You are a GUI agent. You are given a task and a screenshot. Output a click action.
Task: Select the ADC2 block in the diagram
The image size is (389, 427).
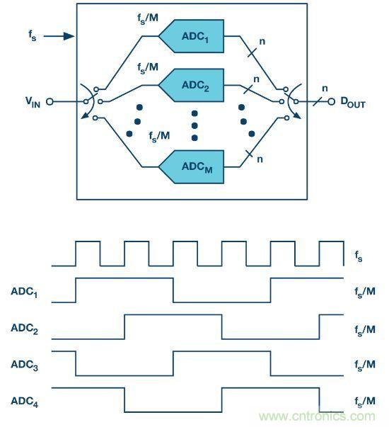pyautogui.click(x=193, y=85)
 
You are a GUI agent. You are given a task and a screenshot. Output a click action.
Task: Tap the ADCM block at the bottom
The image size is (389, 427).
pyautogui.click(x=193, y=167)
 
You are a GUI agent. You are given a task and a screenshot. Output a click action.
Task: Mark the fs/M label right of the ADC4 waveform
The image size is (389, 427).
pyautogui.click(x=364, y=402)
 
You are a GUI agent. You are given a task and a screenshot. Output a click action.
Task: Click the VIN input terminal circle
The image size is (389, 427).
pyautogui.click(x=50, y=102)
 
